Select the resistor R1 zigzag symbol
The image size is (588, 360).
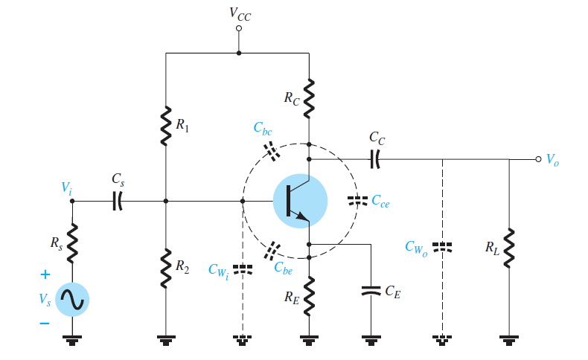pos(165,126)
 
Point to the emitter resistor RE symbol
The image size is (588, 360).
pos(309,292)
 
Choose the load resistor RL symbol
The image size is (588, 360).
pos(509,248)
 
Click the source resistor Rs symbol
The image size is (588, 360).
pos(73,244)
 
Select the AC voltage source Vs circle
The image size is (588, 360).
pos(73,299)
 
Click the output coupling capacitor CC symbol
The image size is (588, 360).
pos(376,158)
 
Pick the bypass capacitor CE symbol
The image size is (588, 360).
pos(370,292)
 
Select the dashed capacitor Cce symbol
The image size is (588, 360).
pos(358,201)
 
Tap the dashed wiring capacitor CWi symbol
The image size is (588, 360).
pos(243,268)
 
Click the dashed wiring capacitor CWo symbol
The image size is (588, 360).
pos(442,246)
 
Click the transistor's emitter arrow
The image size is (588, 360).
pos(300,216)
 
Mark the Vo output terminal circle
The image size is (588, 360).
pos(537,158)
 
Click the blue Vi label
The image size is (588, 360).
pos(68,187)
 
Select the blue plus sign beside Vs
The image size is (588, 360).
pos(44,274)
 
